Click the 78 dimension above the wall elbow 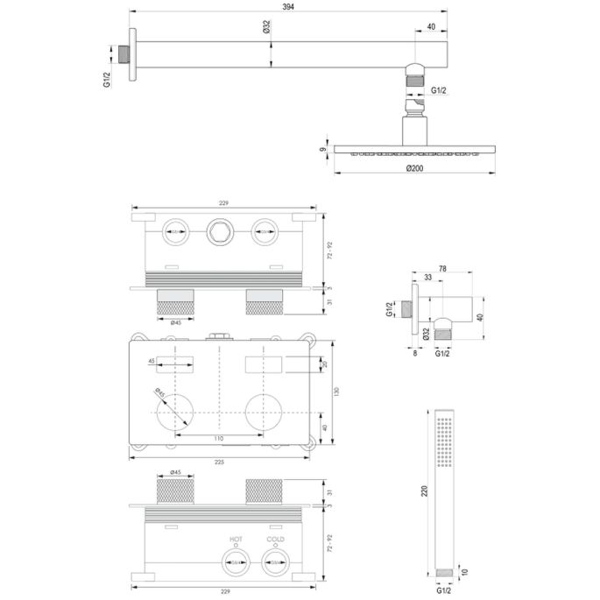tap(442, 271)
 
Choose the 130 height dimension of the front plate tap(334, 392)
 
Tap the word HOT tap(236, 540)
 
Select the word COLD tap(275, 540)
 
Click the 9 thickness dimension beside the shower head tap(323, 150)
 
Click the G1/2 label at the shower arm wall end tap(107, 80)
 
